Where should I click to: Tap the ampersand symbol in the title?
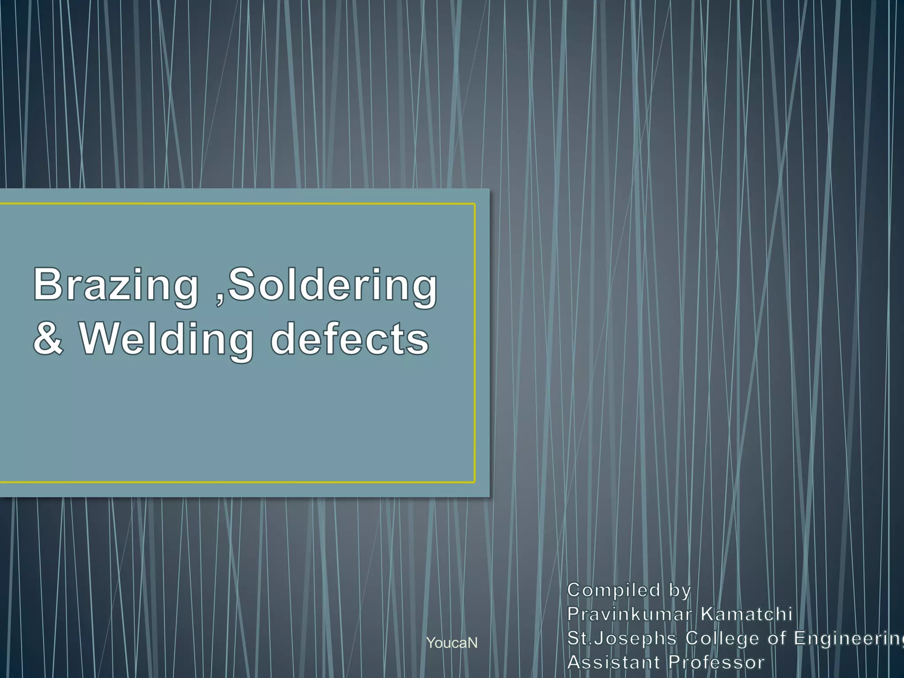click(x=49, y=339)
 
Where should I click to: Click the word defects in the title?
click(x=349, y=339)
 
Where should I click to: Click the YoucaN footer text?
click(x=452, y=643)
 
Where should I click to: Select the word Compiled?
click(x=614, y=590)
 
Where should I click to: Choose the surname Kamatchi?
click(x=746, y=614)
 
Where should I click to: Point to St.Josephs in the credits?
click(x=621, y=638)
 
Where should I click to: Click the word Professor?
click(x=716, y=662)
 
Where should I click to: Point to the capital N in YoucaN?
click(x=473, y=643)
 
